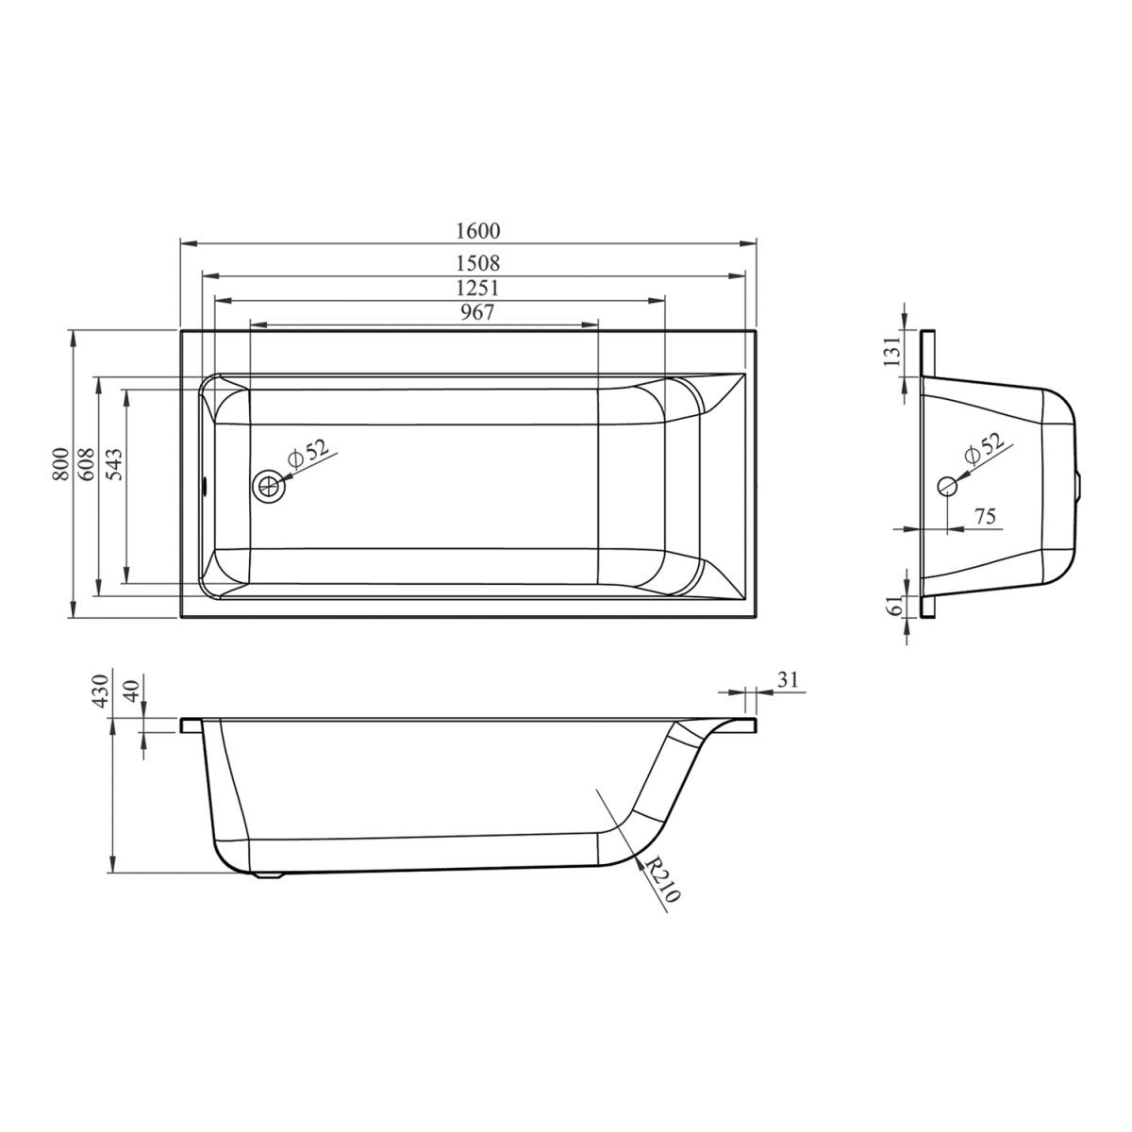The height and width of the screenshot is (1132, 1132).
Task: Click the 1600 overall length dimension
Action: point(478,231)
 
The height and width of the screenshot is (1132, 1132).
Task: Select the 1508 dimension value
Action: point(478,262)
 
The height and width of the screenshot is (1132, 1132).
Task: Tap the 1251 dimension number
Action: point(478,289)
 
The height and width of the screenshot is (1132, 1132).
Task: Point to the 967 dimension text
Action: point(477,312)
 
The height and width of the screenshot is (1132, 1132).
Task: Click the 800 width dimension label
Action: point(60,464)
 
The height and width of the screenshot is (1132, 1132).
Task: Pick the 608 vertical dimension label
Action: point(87,464)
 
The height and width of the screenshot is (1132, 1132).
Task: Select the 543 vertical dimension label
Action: point(115,464)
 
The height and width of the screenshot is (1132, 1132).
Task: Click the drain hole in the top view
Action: point(270,486)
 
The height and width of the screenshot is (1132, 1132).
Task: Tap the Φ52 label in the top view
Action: point(308,454)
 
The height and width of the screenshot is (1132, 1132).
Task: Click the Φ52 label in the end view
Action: point(985,449)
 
